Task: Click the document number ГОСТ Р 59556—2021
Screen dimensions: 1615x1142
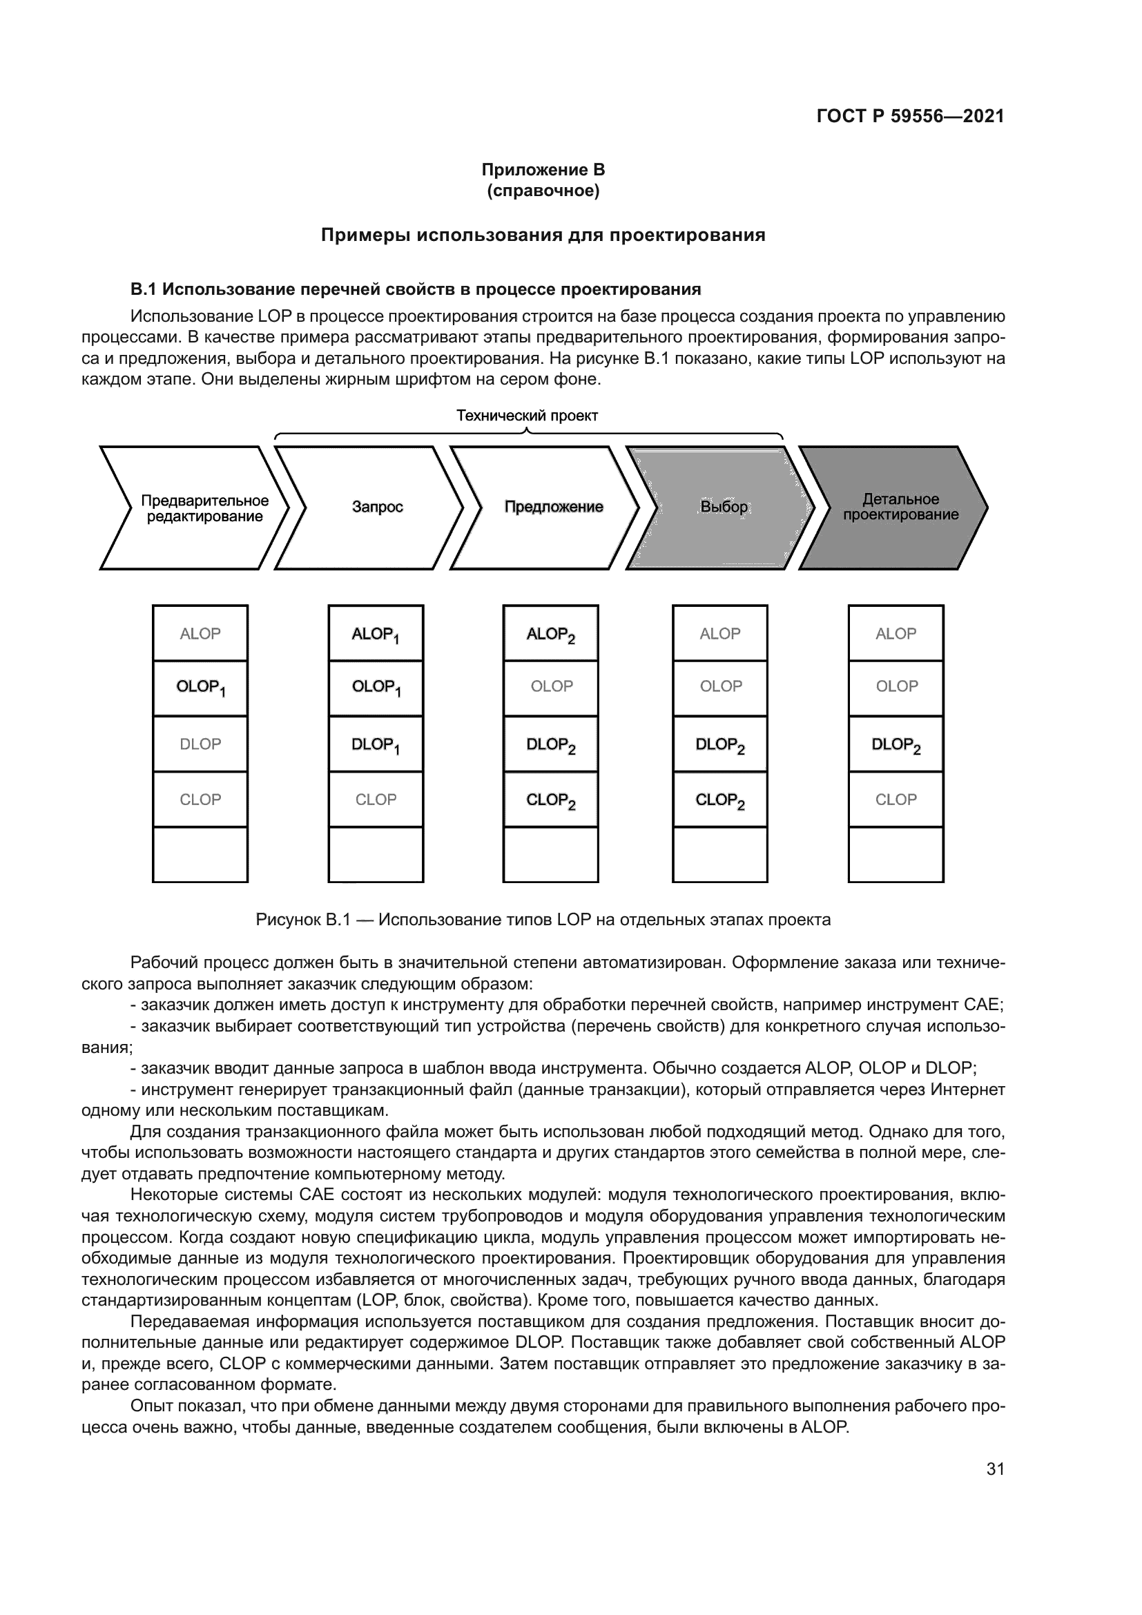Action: pyautogui.click(x=910, y=116)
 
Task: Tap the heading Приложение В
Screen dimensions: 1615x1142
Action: pyautogui.click(x=543, y=170)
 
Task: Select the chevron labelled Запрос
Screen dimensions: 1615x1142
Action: pyautogui.click(x=377, y=507)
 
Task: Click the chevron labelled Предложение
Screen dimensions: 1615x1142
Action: pyautogui.click(x=554, y=507)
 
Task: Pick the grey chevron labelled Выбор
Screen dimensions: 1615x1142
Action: pyautogui.click(x=724, y=507)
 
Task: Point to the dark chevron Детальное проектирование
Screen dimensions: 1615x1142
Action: pyautogui.click(x=900, y=507)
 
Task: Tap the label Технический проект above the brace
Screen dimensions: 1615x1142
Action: pyautogui.click(x=527, y=416)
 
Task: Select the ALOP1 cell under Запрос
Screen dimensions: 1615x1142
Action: pyautogui.click(x=376, y=634)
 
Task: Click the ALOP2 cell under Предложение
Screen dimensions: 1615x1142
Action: pyautogui.click(x=550, y=634)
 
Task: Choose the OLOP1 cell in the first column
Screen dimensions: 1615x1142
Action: pyautogui.click(x=200, y=687)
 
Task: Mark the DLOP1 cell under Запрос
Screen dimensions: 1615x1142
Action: pyautogui.click(x=376, y=744)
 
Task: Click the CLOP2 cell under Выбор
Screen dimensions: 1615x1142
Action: pyautogui.click(x=720, y=800)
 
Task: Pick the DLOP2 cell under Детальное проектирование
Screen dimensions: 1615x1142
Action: pyautogui.click(x=896, y=744)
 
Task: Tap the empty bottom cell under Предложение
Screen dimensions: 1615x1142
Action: pyautogui.click(x=550, y=855)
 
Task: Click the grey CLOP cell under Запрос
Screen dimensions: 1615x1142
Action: pyautogui.click(x=376, y=800)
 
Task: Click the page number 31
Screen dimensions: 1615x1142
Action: pyautogui.click(x=995, y=1469)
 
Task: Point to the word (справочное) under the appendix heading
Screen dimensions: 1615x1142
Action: pyautogui.click(x=543, y=191)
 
